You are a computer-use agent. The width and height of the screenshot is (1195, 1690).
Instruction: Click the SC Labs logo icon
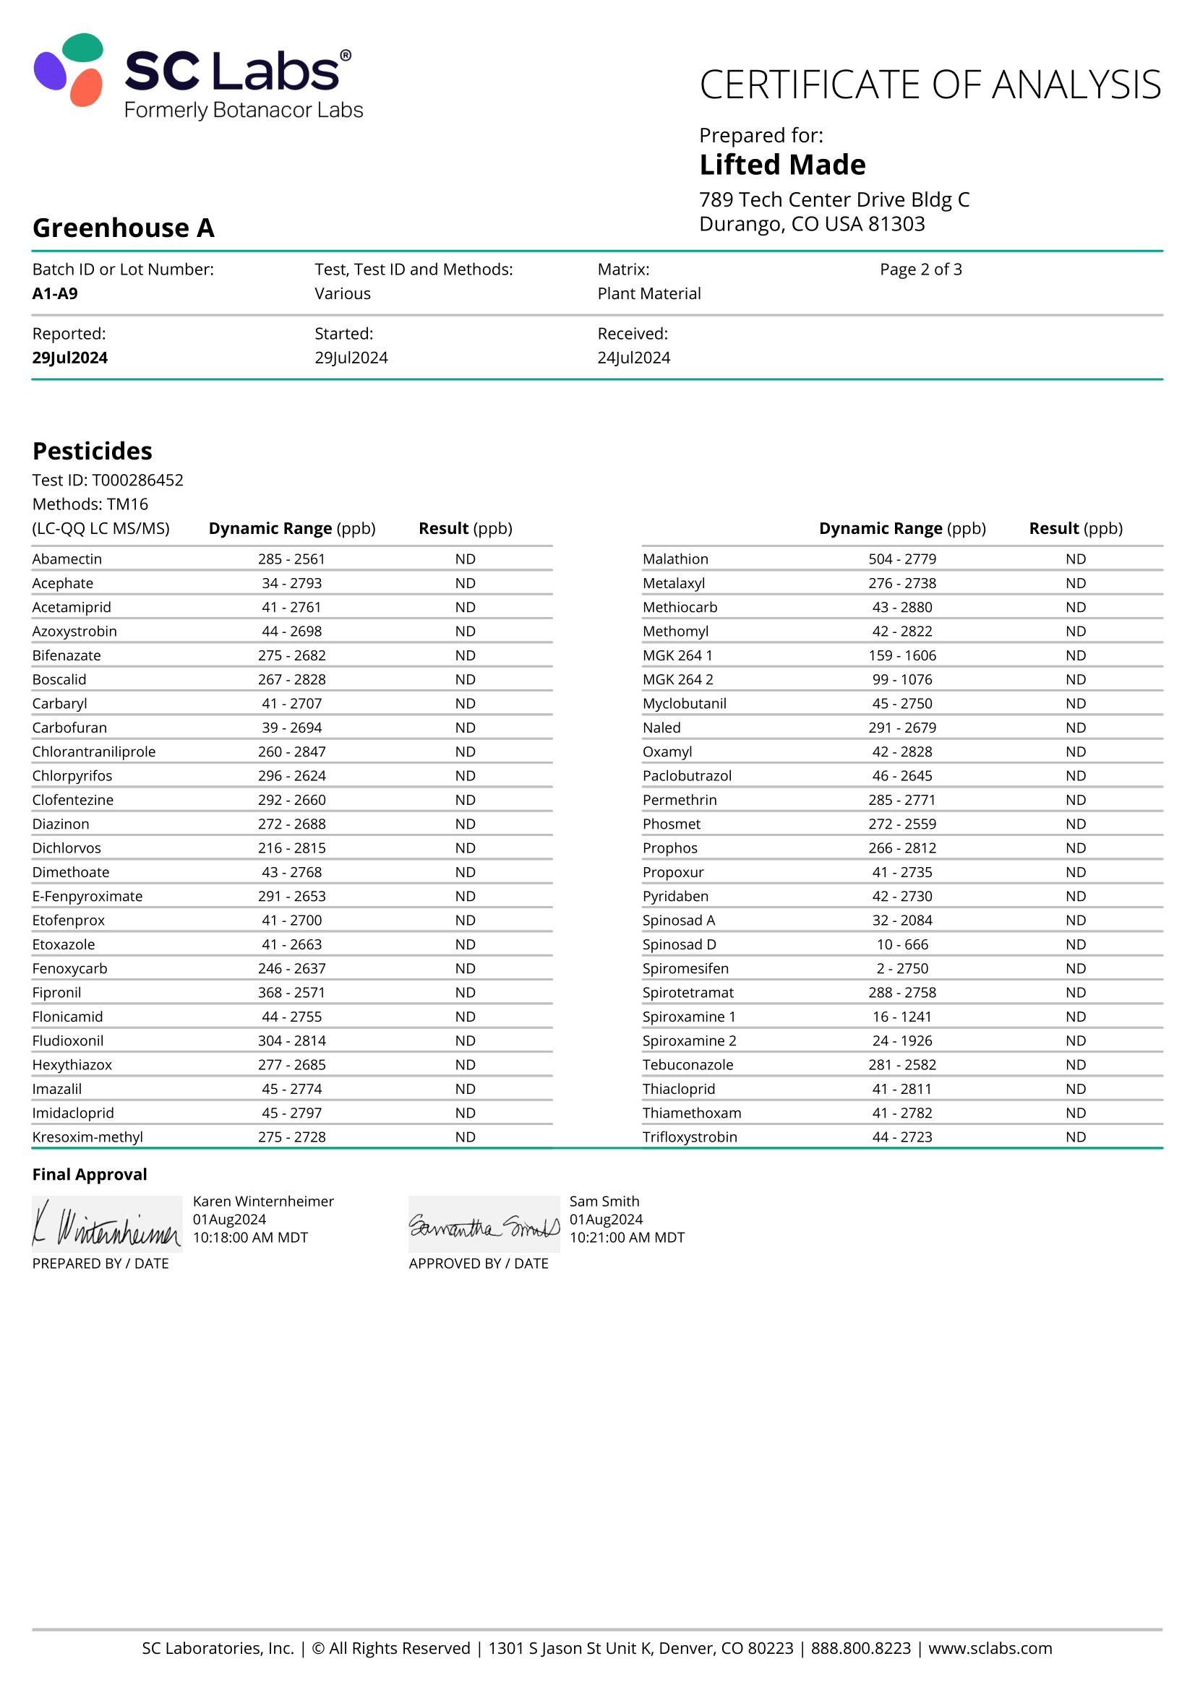(69, 70)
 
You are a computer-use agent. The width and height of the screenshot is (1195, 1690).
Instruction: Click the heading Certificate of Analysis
(930, 85)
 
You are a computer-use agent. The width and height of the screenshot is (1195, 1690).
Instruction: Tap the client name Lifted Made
(782, 165)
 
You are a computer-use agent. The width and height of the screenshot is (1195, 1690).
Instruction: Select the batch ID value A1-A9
(55, 293)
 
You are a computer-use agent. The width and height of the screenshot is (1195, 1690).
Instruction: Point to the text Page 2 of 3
(920, 270)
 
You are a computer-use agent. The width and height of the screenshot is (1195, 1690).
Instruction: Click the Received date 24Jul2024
(633, 358)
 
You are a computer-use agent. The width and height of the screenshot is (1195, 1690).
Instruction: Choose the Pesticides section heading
(92, 450)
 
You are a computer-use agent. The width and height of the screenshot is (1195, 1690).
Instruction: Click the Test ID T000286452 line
(108, 480)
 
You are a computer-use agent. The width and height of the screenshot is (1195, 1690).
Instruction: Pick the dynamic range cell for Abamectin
(291, 559)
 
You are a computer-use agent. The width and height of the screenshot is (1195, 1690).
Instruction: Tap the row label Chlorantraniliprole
(93, 751)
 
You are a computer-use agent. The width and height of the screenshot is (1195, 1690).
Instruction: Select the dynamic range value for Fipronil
(291, 992)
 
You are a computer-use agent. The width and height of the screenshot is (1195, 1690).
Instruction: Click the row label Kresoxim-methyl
(87, 1137)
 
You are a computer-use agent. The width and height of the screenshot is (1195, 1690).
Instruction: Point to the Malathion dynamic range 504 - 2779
(902, 559)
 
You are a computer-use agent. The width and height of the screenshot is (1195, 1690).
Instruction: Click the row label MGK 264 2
(677, 679)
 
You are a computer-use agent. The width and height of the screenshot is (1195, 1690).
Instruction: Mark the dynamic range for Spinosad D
(902, 944)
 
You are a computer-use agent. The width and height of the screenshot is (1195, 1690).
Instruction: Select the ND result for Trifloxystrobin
(1075, 1137)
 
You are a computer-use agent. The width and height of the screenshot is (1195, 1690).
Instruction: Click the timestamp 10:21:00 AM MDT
(627, 1237)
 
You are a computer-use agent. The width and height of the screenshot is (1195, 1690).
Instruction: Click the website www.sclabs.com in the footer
(990, 1648)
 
